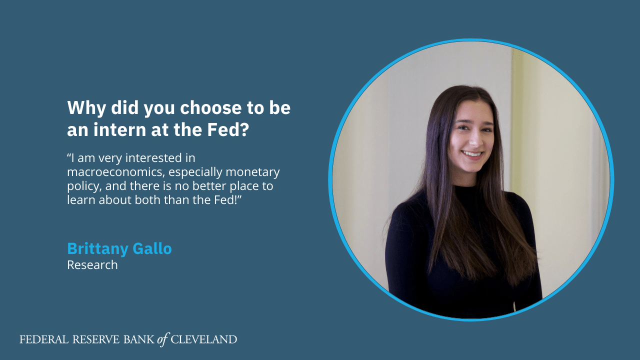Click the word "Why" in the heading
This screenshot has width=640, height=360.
click(x=86, y=108)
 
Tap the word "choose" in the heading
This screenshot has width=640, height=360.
click(x=210, y=108)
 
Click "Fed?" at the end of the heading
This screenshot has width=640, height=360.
click(x=228, y=129)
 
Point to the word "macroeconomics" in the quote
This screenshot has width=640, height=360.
click(x=115, y=172)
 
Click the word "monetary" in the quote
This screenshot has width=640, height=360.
click(x=252, y=172)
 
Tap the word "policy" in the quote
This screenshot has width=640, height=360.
click(x=84, y=186)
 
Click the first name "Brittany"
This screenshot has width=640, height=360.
click(x=97, y=249)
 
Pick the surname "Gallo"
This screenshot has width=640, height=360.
click(x=152, y=248)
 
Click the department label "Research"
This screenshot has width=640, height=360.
click(x=92, y=265)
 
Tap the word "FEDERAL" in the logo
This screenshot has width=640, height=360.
click(x=44, y=339)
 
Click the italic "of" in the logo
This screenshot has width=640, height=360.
click(x=162, y=339)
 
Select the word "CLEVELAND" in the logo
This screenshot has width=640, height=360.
click(x=203, y=339)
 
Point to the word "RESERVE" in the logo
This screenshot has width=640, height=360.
click(x=96, y=339)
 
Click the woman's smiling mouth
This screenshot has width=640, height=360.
click(x=472, y=154)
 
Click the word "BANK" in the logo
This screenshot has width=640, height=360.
click(x=139, y=339)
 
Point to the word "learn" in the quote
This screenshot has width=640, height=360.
click(x=81, y=200)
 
